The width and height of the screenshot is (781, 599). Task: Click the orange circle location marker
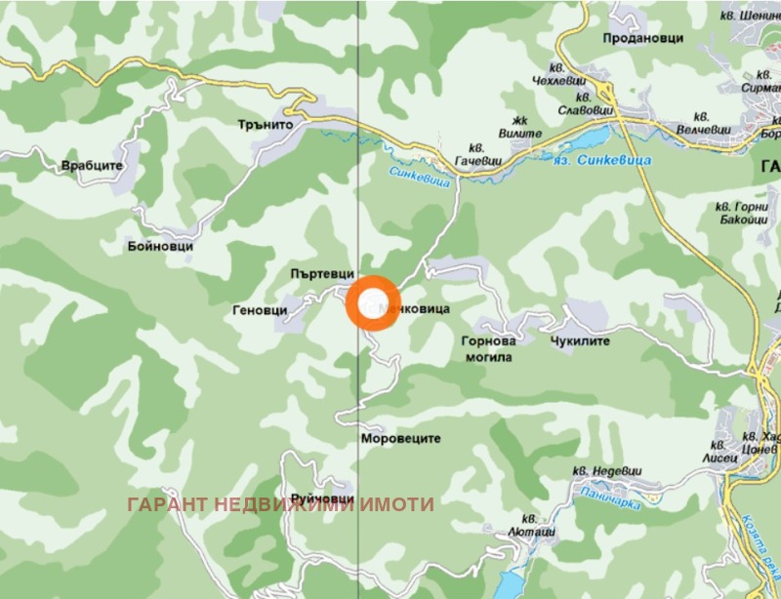(x=372, y=302)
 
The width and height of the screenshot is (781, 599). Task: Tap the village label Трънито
(x=267, y=125)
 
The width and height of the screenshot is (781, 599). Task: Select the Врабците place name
(x=93, y=166)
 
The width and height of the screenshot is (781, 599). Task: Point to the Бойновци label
(x=160, y=247)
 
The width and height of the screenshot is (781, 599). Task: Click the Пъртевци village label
(x=321, y=276)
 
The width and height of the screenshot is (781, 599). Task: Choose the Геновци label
(x=261, y=309)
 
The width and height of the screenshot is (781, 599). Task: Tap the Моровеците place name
(x=401, y=440)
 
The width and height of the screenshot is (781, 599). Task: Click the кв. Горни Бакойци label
(x=740, y=214)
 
